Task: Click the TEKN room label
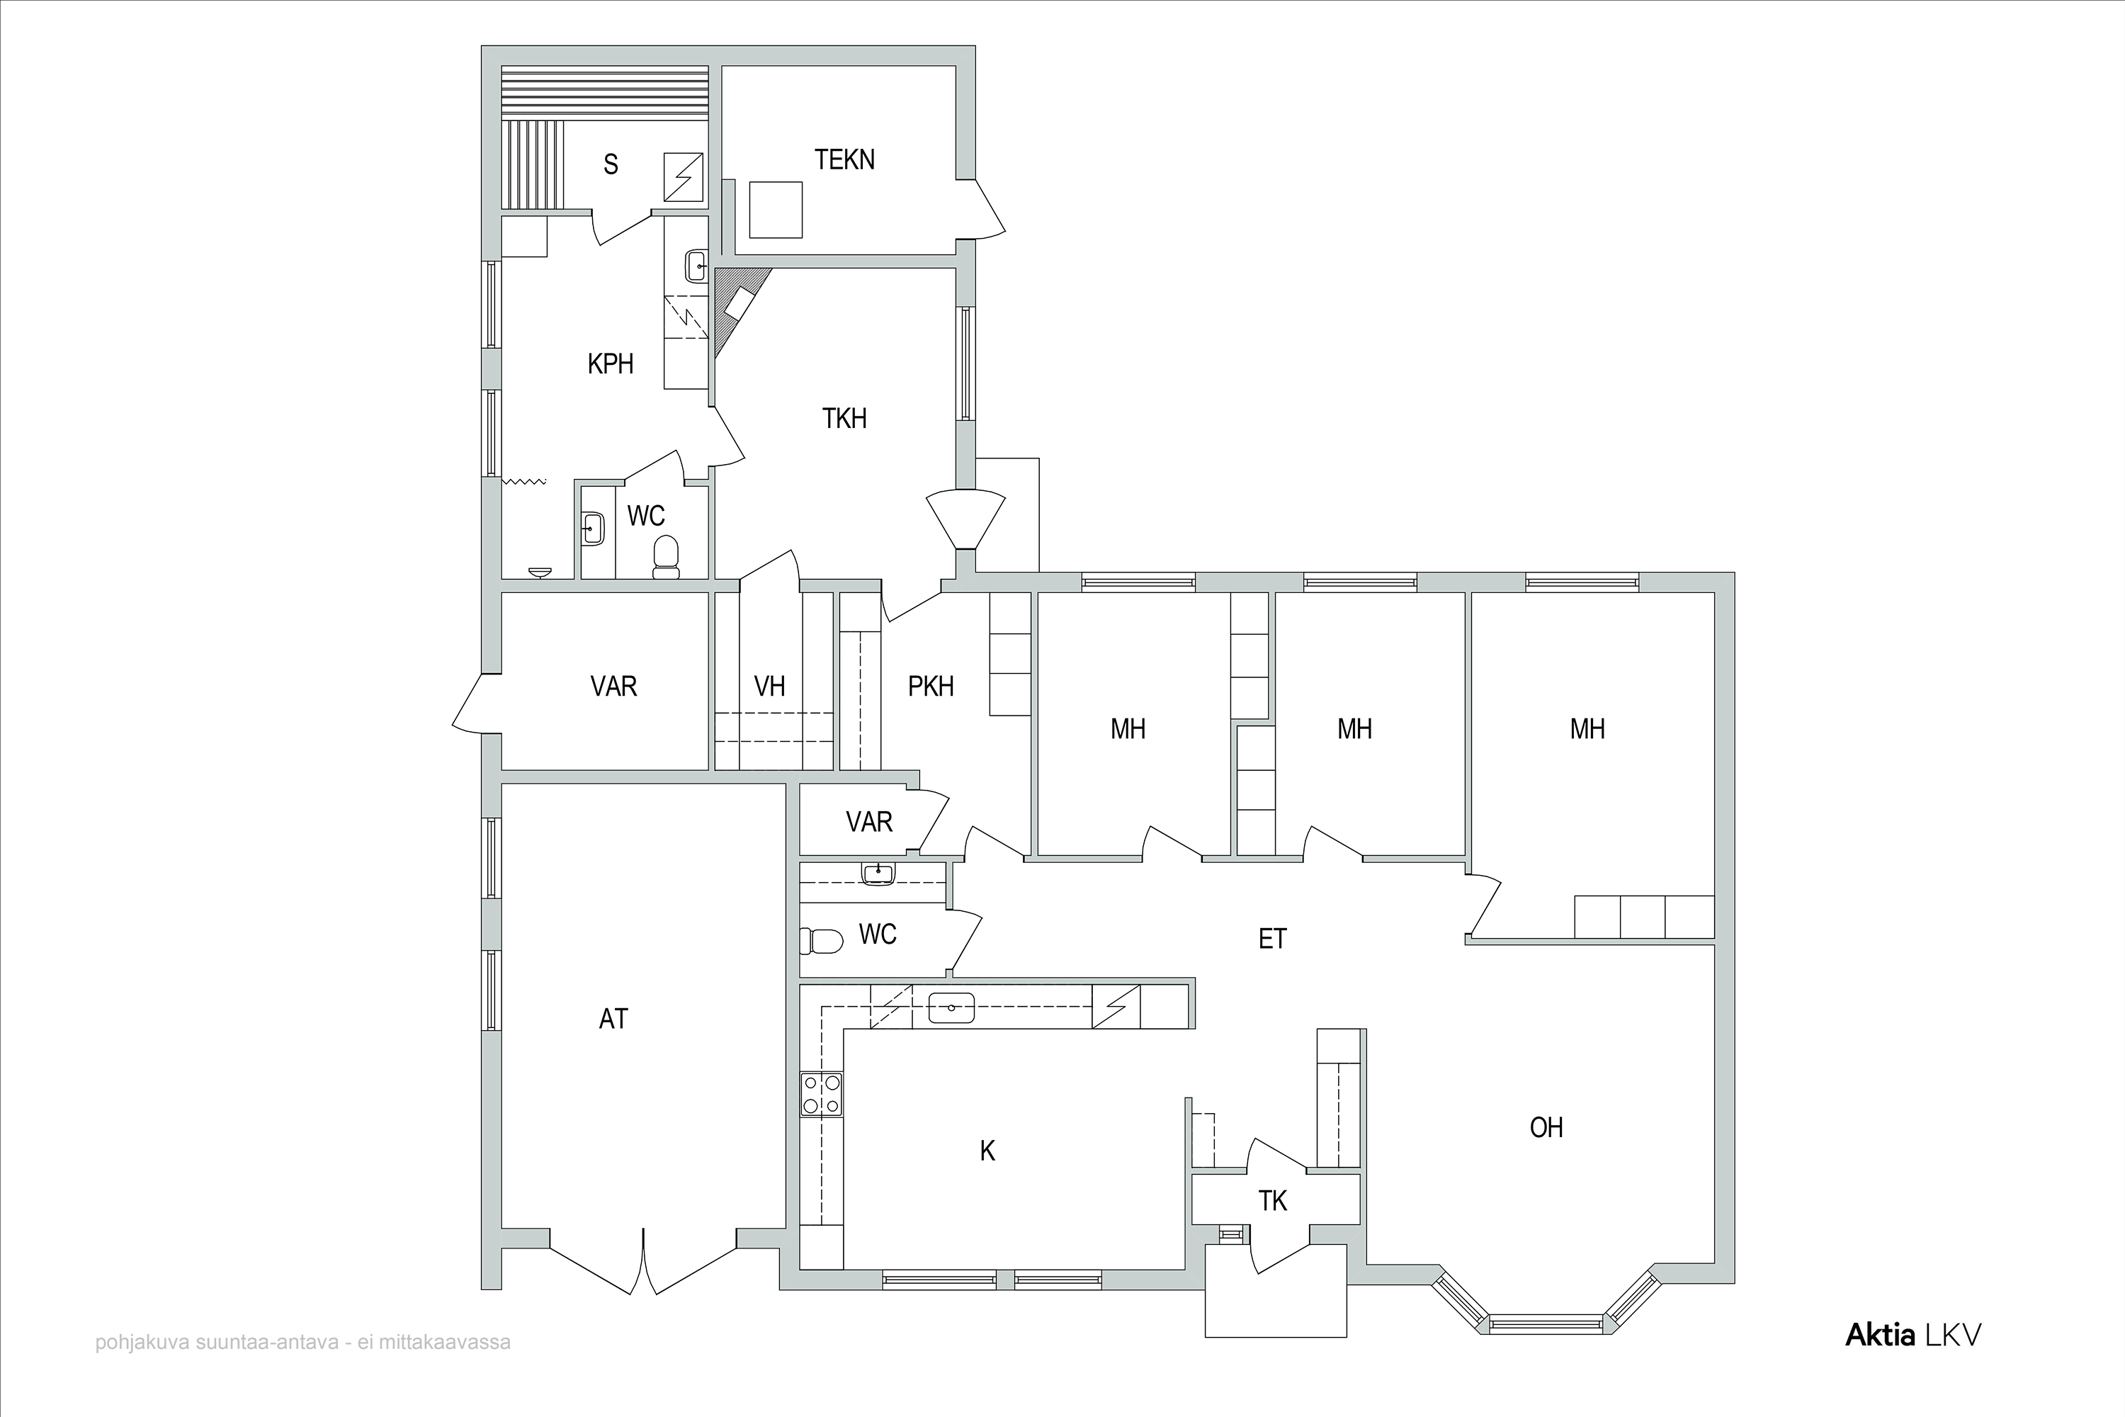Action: pos(845,160)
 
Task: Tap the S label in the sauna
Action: pos(611,164)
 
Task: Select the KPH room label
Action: pos(611,364)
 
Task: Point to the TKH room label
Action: pos(845,419)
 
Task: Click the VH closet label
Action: pos(770,686)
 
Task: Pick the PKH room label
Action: pos(931,686)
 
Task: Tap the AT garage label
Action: pos(613,1019)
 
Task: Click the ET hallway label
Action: pos(1272,939)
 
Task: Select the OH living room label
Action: pos(1547,1127)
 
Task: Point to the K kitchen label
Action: pos(987,1151)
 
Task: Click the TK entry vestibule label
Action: pos(1273,1201)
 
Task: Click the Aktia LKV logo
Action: pos(1912,1335)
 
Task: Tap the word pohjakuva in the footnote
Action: pos(135,1343)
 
